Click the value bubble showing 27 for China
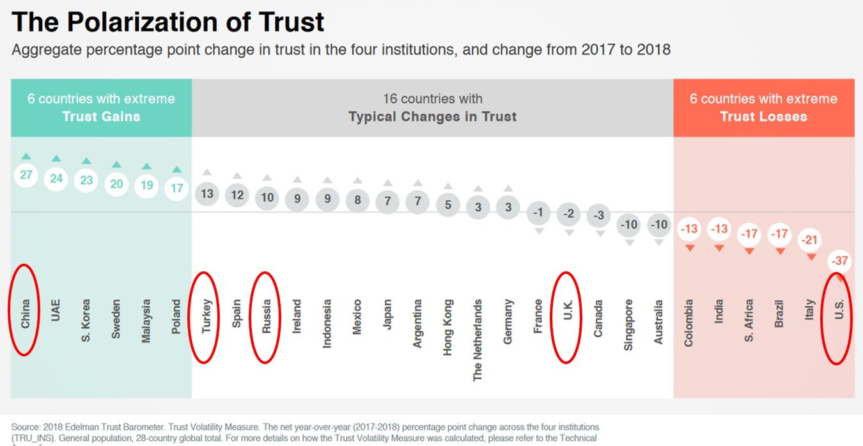(26, 175)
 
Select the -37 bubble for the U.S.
(838, 262)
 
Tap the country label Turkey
(206, 316)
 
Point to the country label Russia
(267, 316)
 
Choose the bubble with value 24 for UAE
(56, 178)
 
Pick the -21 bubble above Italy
(810, 240)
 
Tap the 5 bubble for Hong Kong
(448, 205)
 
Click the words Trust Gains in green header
(101, 116)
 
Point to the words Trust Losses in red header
(763, 116)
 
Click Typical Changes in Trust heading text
(432, 116)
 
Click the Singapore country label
(629, 324)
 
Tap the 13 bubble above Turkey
(206, 193)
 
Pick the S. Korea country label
(86, 320)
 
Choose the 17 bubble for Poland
(177, 188)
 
